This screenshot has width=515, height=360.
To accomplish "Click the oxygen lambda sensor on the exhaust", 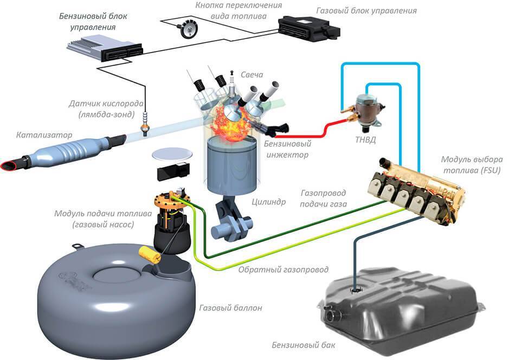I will (x=145, y=123).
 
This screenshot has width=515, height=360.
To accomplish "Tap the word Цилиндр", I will (x=268, y=203).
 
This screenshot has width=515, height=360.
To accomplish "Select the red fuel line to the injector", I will (x=309, y=131).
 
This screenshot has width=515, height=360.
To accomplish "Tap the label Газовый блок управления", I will (x=367, y=10).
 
